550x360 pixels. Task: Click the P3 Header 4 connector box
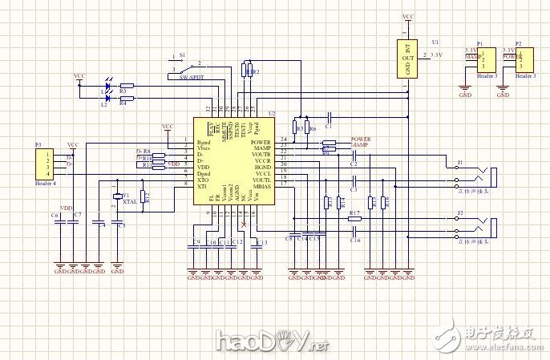[49, 164]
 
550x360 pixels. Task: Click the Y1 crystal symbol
[117, 197]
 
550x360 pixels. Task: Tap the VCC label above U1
[407, 15]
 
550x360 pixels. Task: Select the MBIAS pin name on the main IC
[261, 185]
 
